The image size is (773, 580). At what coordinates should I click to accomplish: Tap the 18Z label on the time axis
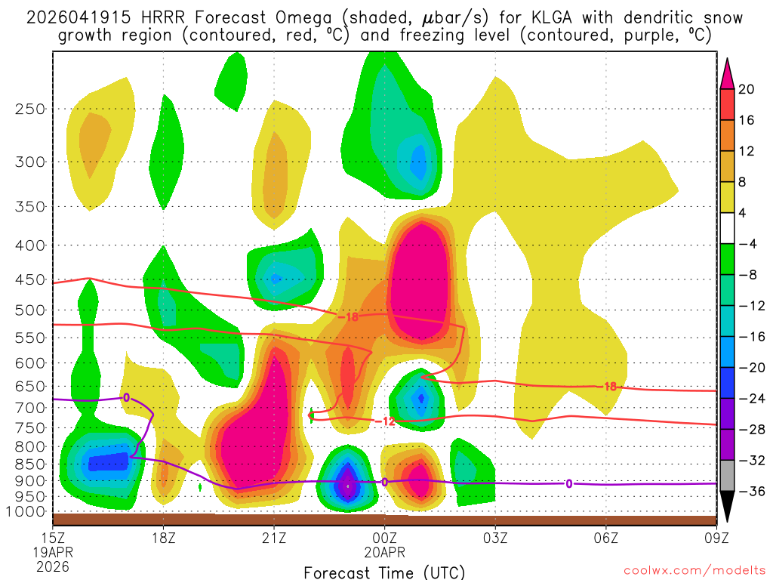(x=164, y=539)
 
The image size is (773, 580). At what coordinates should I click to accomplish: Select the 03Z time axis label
(x=495, y=539)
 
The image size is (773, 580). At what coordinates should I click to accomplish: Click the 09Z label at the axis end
(x=716, y=539)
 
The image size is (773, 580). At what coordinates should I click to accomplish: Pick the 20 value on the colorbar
(x=747, y=89)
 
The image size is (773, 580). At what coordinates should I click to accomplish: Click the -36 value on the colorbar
(x=750, y=491)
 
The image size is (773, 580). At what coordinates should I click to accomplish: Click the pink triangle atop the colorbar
(x=728, y=73)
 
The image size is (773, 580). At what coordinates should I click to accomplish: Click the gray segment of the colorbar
(x=728, y=476)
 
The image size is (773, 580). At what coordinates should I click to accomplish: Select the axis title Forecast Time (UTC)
(x=384, y=572)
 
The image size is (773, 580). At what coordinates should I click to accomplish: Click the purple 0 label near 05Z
(x=568, y=483)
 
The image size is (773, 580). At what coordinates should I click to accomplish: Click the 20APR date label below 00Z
(x=385, y=553)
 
